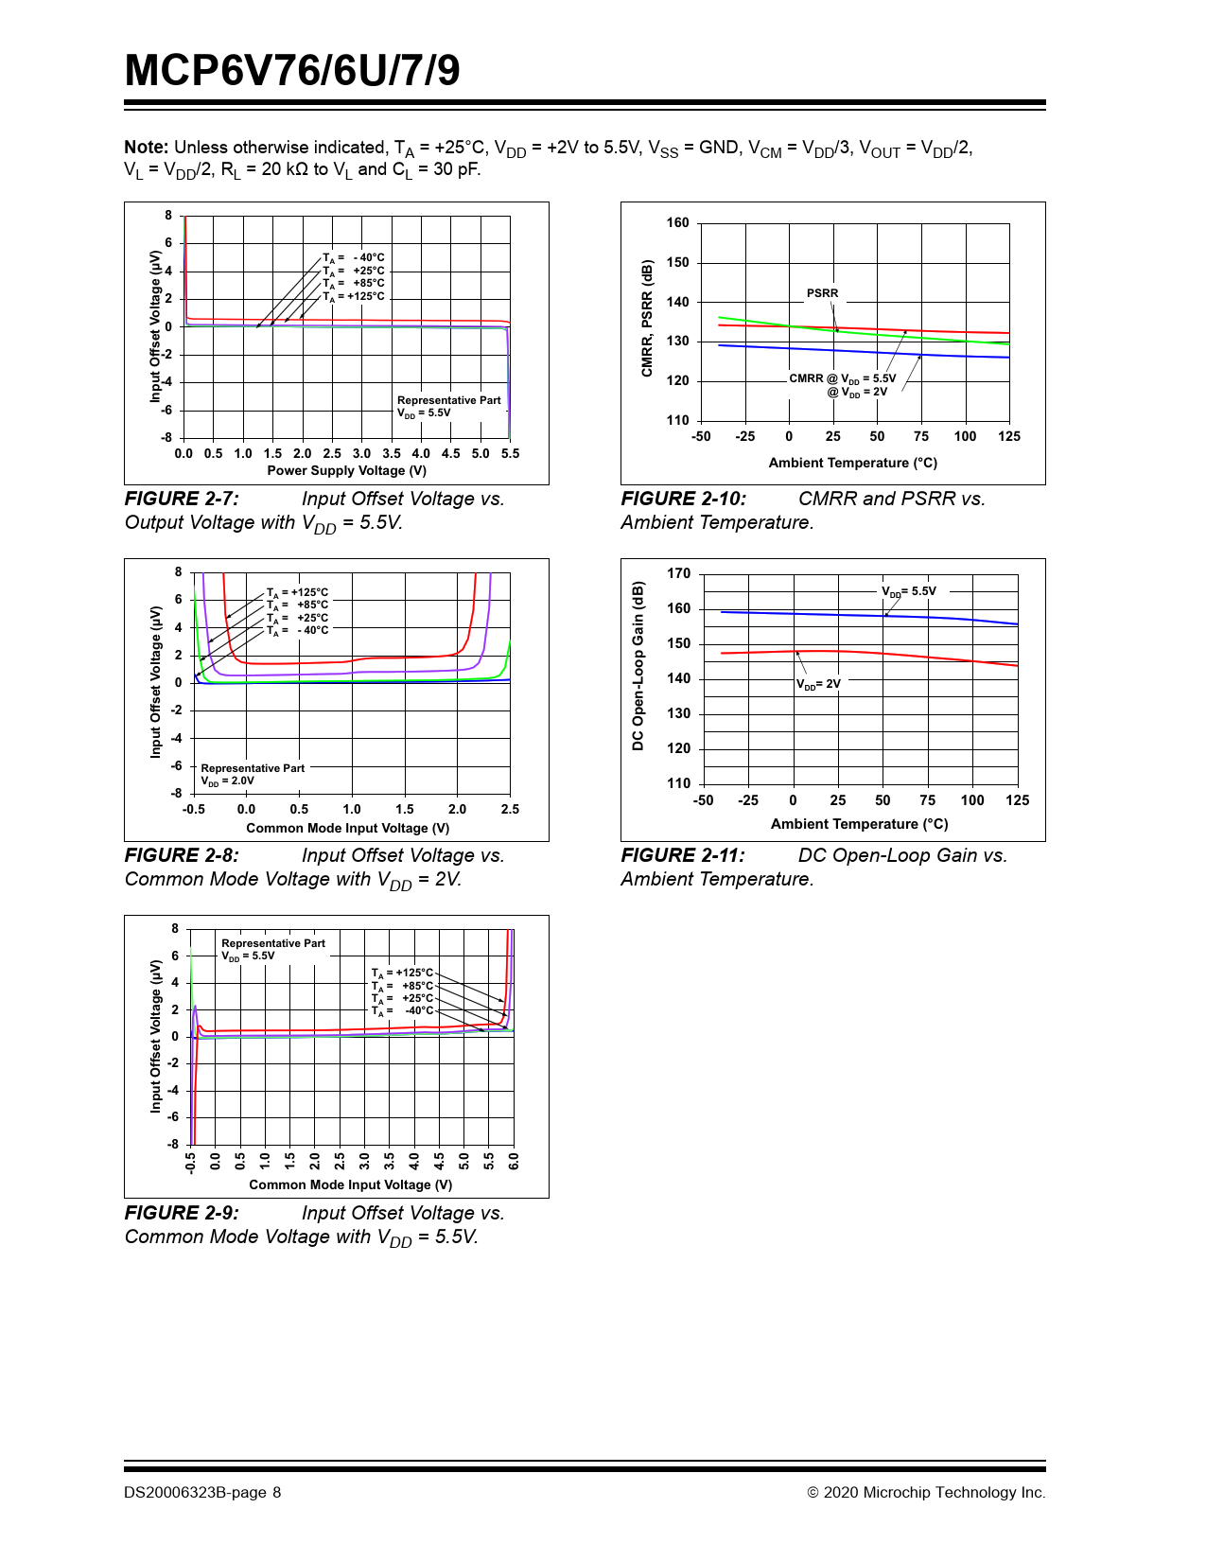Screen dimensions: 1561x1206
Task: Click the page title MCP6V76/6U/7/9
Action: coord(292,71)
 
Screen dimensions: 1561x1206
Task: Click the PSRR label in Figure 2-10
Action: coord(822,293)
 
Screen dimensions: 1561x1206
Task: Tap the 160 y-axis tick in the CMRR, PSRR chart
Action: coord(678,223)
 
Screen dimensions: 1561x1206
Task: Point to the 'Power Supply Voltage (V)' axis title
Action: coord(346,470)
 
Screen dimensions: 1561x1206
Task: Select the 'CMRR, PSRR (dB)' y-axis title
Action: coord(647,318)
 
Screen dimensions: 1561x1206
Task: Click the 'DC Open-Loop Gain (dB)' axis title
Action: coord(638,667)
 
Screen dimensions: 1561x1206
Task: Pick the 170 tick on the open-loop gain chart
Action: coord(679,573)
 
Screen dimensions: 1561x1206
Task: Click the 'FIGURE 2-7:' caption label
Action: coord(182,499)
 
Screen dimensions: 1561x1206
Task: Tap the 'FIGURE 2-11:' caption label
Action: coord(683,855)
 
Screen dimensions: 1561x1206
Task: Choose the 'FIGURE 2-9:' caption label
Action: coord(182,1213)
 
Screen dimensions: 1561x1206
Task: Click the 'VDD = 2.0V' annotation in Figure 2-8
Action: coord(227,781)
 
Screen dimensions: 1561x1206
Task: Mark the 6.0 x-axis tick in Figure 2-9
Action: coord(514,1161)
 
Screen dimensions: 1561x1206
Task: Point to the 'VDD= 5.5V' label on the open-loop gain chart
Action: coord(909,591)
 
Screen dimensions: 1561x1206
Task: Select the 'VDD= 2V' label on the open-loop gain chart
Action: coord(818,684)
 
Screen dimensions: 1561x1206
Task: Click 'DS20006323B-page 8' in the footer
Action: coord(202,1493)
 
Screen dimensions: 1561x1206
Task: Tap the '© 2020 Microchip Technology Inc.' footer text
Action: coord(926,1493)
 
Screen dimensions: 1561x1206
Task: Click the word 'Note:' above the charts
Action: coord(147,148)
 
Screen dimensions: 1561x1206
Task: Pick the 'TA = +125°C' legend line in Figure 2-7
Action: coord(354,296)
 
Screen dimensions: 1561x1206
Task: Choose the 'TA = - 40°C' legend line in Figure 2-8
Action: coord(297,630)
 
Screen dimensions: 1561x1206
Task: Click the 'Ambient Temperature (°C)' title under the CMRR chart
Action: coord(852,463)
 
